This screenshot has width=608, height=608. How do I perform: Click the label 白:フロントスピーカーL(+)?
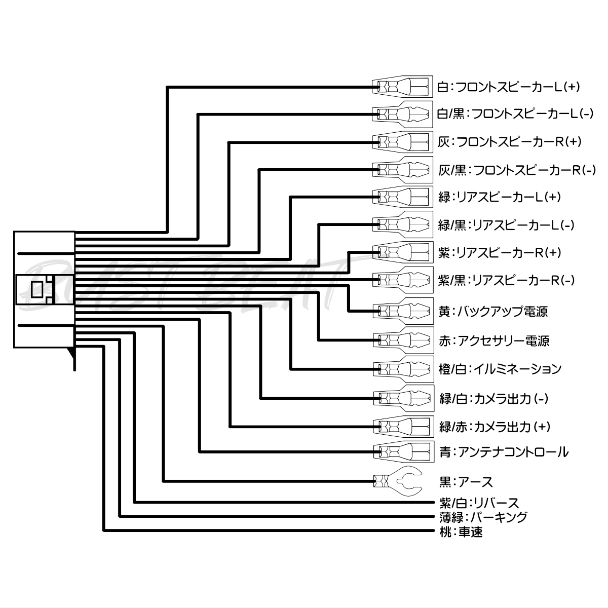(x=508, y=87)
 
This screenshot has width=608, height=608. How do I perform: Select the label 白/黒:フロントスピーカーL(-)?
(x=515, y=113)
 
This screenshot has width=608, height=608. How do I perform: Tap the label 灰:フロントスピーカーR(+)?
(x=509, y=142)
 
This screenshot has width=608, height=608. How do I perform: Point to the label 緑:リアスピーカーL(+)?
(x=500, y=197)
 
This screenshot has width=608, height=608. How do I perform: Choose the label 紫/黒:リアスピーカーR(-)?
(x=506, y=280)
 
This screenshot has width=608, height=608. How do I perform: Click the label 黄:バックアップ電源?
(x=493, y=312)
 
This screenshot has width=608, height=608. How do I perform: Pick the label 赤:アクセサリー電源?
(x=494, y=341)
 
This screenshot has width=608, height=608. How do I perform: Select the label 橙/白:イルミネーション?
(x=500, y=369)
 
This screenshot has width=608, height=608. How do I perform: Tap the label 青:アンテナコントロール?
(x=504, y=452)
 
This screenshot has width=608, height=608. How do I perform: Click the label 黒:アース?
(x=466, y=482)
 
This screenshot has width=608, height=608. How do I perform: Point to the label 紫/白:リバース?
(x=479, y=503)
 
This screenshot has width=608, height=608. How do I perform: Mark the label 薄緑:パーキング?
(x=483, y=517)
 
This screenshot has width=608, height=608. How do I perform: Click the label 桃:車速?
(x=461, y=532)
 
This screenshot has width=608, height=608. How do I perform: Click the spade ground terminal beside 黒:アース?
(x=398, y=481)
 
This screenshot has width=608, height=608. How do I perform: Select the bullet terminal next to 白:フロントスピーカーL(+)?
(x=402, y=87)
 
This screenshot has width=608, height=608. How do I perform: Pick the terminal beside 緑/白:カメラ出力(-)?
(x=403, y=398)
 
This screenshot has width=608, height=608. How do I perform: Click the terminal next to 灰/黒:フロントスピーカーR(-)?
(x=403, y=170)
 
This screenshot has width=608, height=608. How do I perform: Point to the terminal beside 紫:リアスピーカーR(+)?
(x=403, y=252)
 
